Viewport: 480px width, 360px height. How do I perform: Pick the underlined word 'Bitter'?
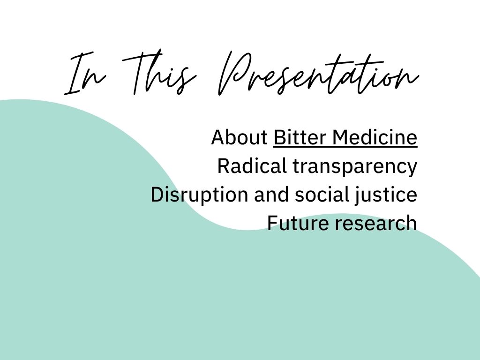click(x=300, y=137)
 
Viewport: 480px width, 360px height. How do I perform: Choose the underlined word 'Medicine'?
click(x=375, y=137)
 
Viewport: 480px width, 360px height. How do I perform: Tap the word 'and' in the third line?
click(x=271, y=195)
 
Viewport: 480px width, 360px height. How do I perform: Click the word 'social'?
click(x=322, y=195)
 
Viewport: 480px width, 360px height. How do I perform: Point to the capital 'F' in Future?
click(x=273, y=223)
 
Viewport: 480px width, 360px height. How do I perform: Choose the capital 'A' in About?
click(x=218, y=137)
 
